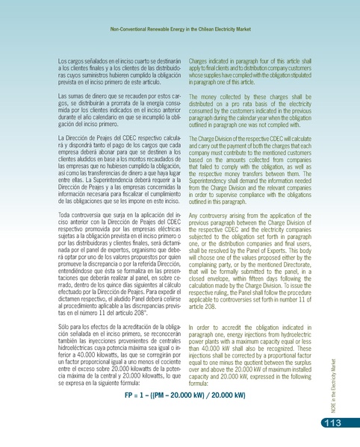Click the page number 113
[x=334, y=425]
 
